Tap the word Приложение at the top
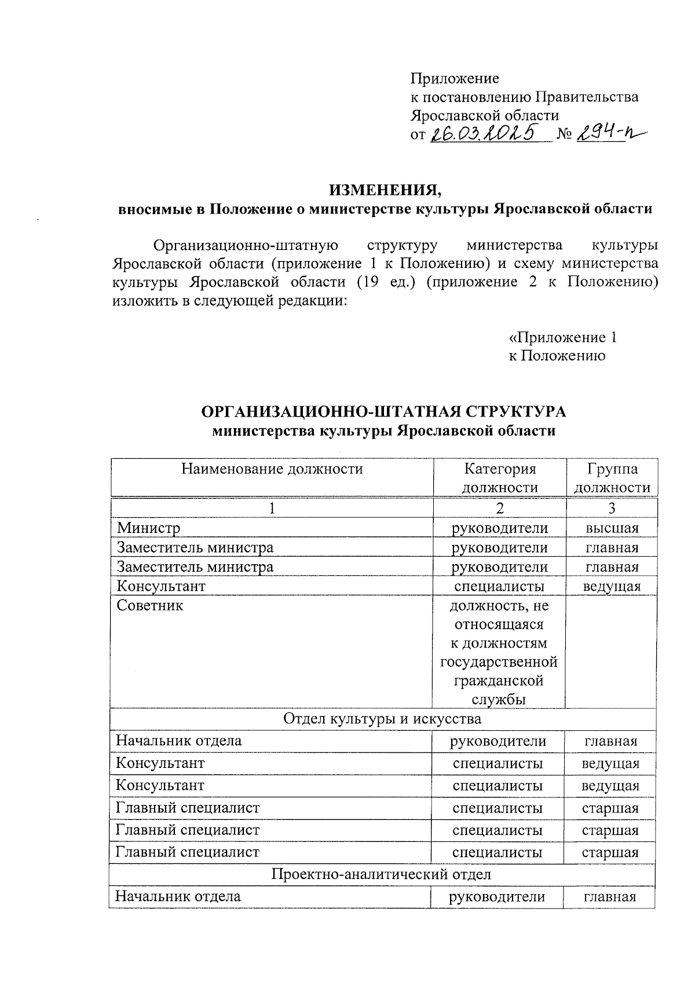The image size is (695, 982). (x=454, y=78)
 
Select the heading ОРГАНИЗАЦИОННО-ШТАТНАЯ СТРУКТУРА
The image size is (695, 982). (x=383, y=411)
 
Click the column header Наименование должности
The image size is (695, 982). (x=272, y=469)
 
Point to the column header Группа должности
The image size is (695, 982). (x=612, y=478)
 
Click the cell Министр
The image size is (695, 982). (x=149, y=528)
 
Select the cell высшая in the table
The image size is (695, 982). (x=612, y=528)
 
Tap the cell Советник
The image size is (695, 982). (x=150, y=606)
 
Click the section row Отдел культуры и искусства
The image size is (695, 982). (x=382, y=719)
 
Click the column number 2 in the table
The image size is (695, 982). (x=499, y=508)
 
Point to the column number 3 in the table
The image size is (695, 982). (x=612, y=508)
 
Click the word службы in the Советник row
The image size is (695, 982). (x=499, y=700)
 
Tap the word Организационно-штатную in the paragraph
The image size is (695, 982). (x=246, y=245)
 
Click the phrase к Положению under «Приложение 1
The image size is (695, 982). (x=557, y=356)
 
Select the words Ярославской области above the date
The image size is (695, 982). (x=485, y=115)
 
